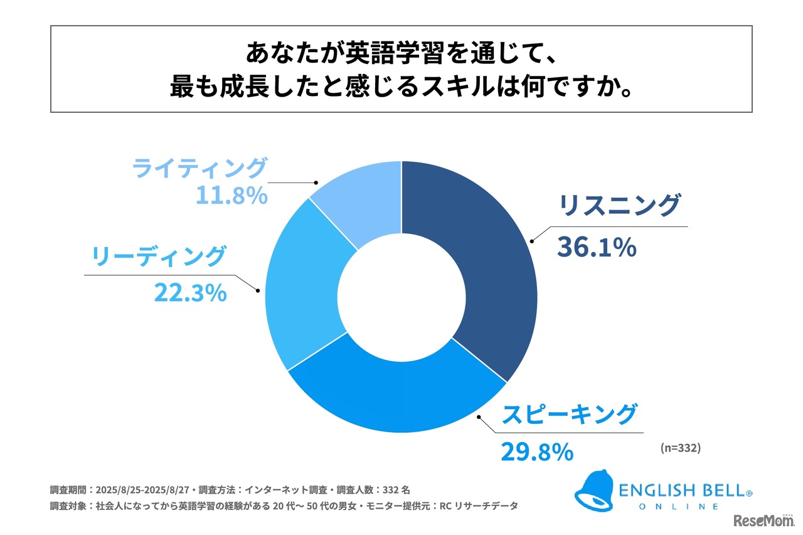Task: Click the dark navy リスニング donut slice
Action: coord(483,263)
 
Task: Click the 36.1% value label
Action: coord(597,248)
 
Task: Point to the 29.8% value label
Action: coord(536,451)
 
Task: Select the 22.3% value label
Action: coord(190,292)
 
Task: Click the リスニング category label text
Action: coord(619,206)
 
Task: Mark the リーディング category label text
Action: coord(158,257)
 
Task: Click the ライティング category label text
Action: coord(199,169)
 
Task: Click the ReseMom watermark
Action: coord(764,521)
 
